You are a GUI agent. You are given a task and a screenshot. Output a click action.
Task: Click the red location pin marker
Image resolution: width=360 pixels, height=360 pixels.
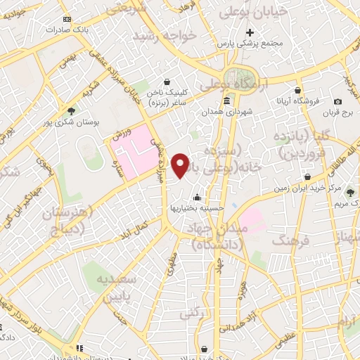181,165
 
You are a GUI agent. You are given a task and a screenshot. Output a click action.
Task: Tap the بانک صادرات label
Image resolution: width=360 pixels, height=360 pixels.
66,30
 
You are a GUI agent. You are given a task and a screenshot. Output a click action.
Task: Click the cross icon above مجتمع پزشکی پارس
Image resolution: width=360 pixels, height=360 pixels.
250,32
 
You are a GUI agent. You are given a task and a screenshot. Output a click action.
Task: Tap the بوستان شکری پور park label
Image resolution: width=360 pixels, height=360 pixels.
70,122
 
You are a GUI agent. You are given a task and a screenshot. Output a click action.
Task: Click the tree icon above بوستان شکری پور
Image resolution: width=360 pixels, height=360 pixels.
70,110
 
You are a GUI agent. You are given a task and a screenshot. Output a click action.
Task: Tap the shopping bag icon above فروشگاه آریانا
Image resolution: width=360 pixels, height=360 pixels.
298,90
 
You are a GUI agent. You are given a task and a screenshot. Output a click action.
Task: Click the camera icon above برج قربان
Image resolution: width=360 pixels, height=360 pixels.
337,102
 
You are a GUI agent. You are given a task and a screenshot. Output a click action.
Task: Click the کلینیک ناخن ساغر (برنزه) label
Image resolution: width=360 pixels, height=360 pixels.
165,97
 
